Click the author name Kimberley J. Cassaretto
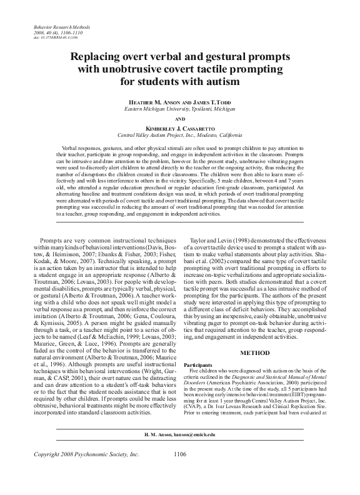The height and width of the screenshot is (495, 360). [x=180, y=127]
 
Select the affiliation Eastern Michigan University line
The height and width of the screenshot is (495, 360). [x=180, y=108]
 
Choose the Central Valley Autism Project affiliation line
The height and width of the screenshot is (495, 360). [x=180, y=134]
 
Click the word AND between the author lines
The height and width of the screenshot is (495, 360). [x=180, y=117]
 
